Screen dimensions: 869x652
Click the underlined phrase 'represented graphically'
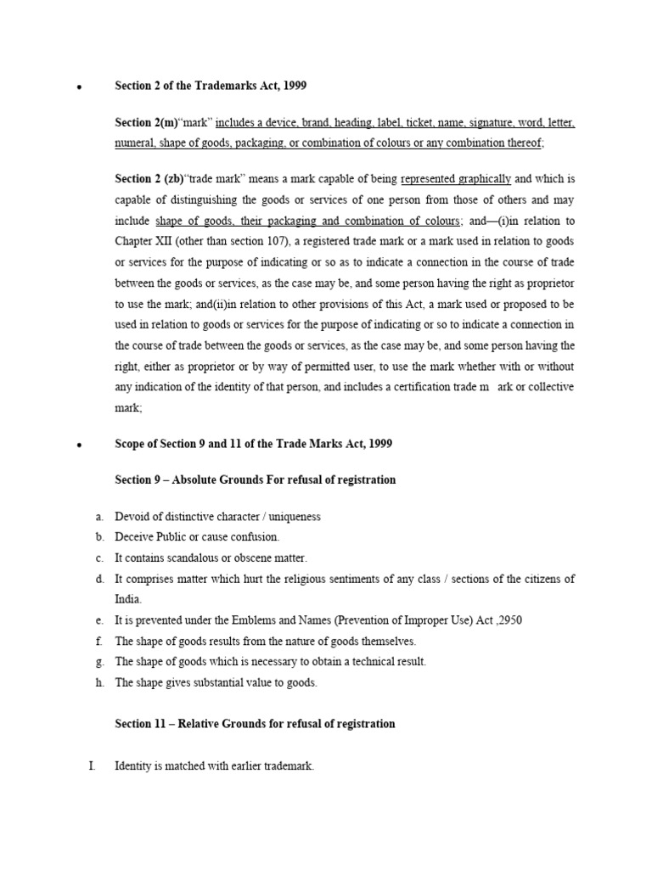point(456,179)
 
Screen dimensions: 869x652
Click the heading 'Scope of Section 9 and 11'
point(253,444)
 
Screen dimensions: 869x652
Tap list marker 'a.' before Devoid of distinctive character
point(99,516)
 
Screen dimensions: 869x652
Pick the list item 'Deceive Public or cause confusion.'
point(197,537)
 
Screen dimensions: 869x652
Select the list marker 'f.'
point(99,641)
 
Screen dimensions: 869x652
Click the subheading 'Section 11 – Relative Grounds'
point(255,724)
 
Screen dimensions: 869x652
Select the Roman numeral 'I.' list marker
point(94,766)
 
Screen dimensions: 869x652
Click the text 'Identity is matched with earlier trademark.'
point(215,766)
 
